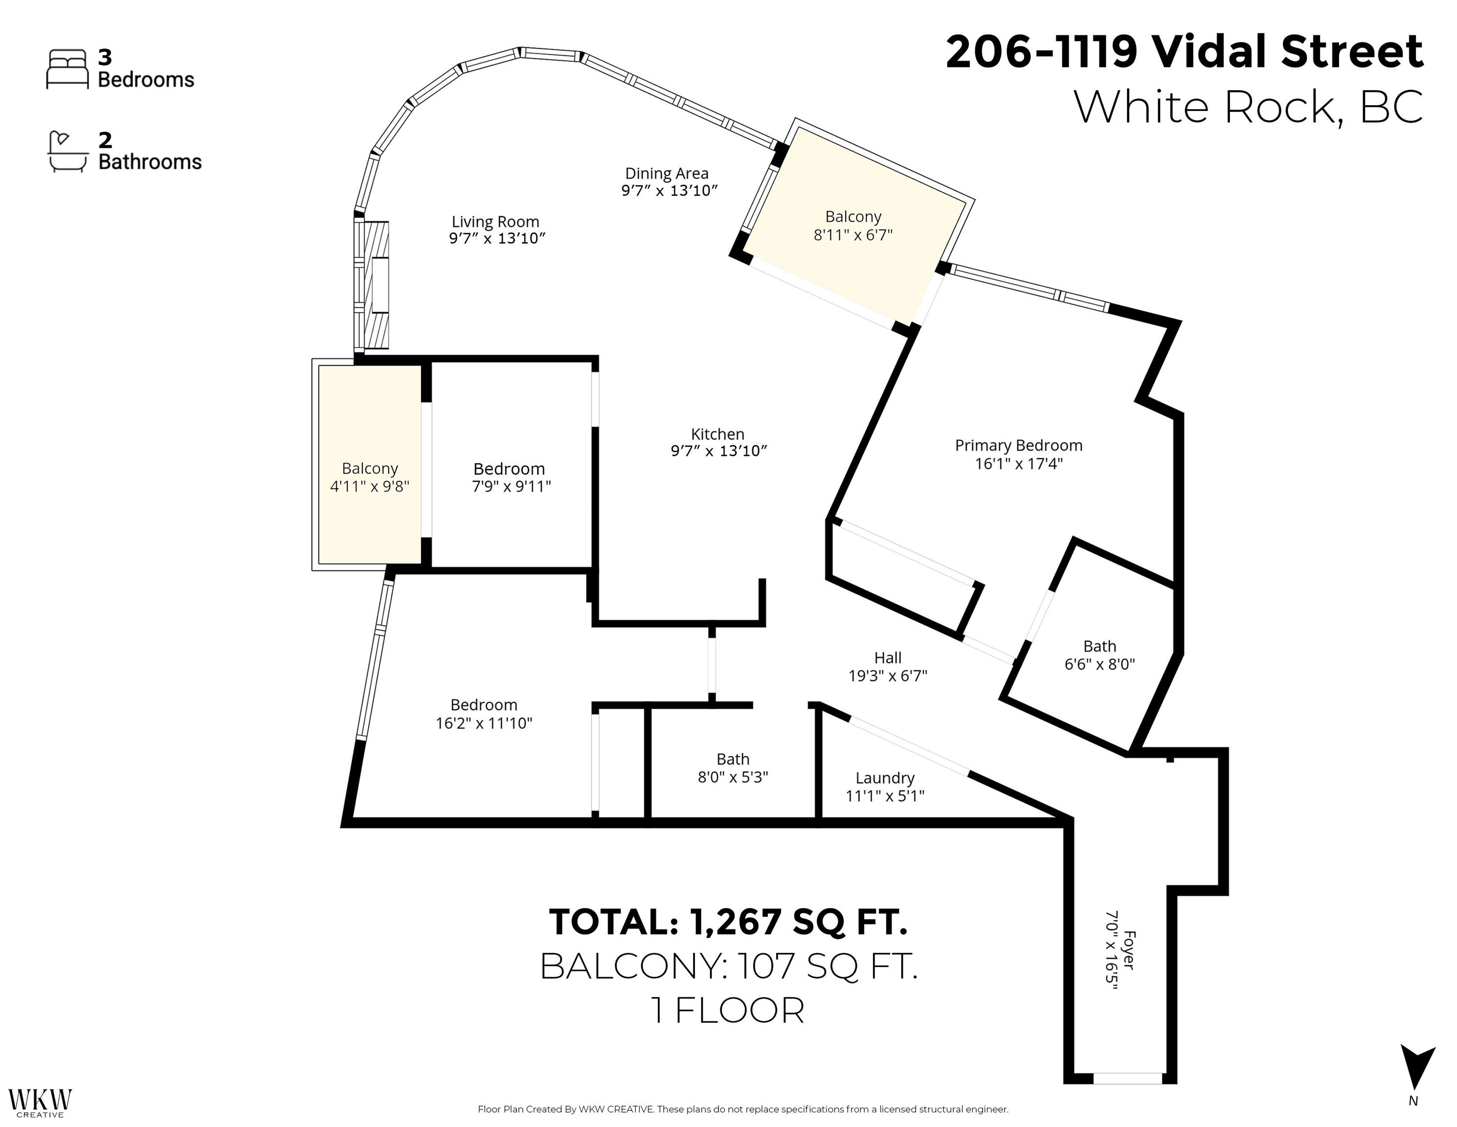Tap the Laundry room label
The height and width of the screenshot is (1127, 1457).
(x=885, y=778)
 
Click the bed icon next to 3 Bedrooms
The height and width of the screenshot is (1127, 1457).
(x=67, y=69)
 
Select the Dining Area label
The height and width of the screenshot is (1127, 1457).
(x=667, y=174)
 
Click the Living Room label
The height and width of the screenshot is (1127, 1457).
(x=495, y=222)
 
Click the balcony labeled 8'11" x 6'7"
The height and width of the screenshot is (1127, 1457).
(x=853, y=225)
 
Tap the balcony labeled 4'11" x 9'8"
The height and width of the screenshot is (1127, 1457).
(x=370, y=477)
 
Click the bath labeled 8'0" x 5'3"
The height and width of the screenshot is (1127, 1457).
(x=733, y=768)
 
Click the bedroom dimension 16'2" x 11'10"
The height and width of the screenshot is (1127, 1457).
(x=484, y=723)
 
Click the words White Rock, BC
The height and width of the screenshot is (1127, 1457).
(x=1248, y=107)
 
